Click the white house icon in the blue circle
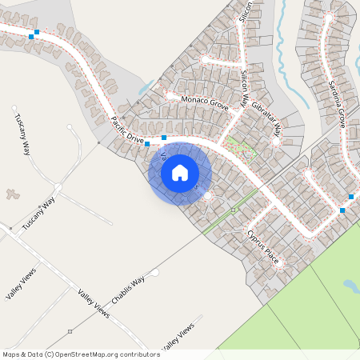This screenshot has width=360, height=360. [x=180, y=172]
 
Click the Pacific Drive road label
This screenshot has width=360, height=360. [x=127, y=130]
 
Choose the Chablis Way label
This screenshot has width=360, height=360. [x=128, y=290]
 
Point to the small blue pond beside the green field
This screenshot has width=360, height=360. [x=350, y=284]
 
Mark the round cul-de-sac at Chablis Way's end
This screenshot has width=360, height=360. [x=155, y=273]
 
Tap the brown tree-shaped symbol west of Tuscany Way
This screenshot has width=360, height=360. [x=12, y=193]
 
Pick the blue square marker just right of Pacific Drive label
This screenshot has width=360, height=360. [x=163, y=138]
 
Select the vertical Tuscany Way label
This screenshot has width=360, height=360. [x=22, y=134]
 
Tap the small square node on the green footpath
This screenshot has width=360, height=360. [x=233, y=210]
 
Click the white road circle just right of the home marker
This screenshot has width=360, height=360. [x=208, y=195]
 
